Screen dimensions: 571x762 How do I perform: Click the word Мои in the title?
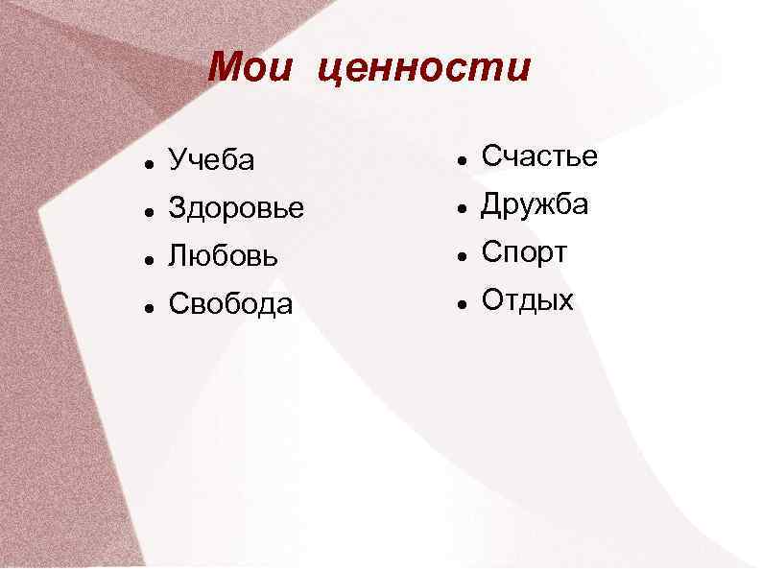tap(250, 68)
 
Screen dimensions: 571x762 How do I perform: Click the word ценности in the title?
tap(423, 70)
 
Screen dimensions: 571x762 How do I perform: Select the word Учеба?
tap(211, 160)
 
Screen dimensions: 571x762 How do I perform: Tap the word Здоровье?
tap(236, 208)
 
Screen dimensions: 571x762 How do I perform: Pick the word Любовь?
tap(225, 256)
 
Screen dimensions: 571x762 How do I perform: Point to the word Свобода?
tap(230, 304)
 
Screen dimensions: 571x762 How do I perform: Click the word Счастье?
tap(539, 155)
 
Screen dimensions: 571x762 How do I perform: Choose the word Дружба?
tap(535, 204)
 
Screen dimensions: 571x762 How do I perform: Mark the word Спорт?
tap(524, 253)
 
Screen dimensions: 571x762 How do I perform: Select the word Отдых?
tap(527, 300)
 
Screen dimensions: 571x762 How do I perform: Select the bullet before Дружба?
tap(462, 206)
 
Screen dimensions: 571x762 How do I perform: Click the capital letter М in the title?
tap(227, 68)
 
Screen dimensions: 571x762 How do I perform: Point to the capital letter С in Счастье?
tap(490, 155)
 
